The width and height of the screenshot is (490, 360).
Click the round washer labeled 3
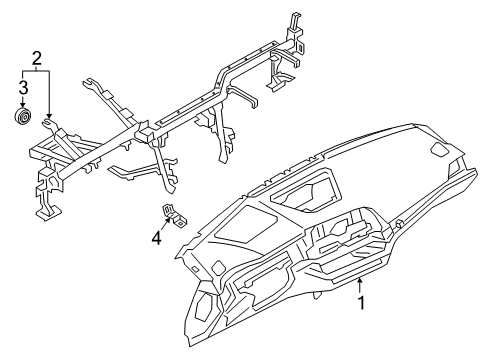click(20, 119)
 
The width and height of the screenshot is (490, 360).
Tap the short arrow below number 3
click(20, 103)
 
